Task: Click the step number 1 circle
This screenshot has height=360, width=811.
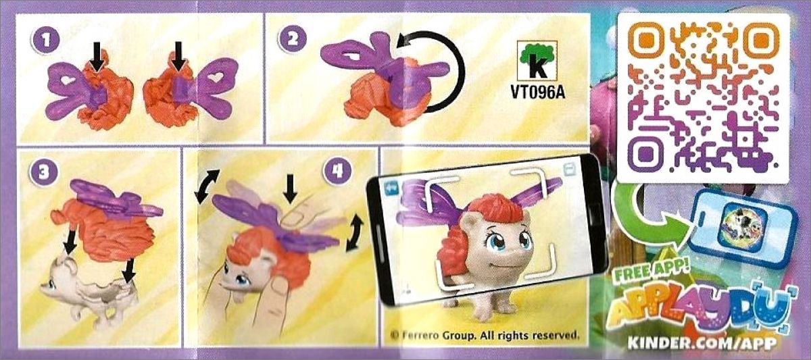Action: click(45, 40)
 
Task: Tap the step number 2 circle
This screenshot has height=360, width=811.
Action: click(292, 38)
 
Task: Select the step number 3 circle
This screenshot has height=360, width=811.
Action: click(44, 171)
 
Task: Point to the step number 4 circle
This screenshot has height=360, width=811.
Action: click(337, 170)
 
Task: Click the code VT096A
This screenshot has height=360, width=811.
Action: click(538, 92)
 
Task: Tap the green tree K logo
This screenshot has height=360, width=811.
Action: click(538, 61)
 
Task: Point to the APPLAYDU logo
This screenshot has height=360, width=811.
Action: click(702, 309)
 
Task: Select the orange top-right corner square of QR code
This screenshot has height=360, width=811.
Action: click(760, 41)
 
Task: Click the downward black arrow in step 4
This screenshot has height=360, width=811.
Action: click(289, 187)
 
